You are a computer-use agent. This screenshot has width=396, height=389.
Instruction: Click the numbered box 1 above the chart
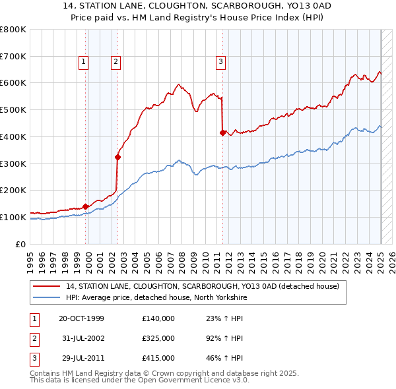click(x=84, y=62)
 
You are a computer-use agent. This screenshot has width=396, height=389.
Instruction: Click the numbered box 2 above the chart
click(x=115, y=62)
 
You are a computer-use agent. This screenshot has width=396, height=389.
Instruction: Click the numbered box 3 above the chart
click(x=220, y=62)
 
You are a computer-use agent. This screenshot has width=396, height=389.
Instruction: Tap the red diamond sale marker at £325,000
click(x=117, y=157)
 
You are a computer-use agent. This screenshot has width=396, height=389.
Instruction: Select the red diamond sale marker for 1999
click(x=86, y=206)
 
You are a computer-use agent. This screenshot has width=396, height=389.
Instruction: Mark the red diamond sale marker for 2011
click(x=222, y=133)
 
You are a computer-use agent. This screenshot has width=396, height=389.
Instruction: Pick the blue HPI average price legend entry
click(x=156, y=297)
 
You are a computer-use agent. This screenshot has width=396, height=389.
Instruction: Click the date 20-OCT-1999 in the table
click(x=81, y=318)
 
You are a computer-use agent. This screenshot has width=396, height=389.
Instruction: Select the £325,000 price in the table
click(x=158, y=338)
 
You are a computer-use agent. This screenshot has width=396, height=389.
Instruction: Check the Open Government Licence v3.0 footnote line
click(x=131, y=381)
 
